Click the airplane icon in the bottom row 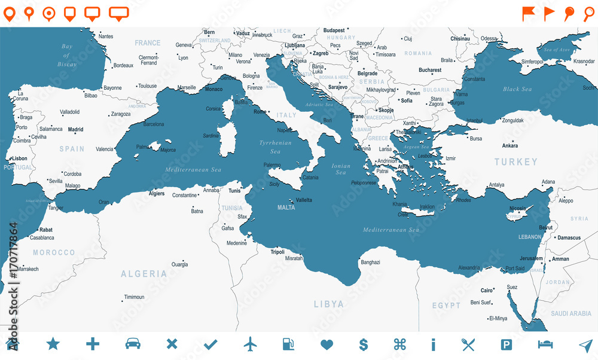pos(250,344)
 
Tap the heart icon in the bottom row pos(326,344)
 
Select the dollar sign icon pos(363,344)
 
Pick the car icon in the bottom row pos(133,344)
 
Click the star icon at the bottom pos(53,344)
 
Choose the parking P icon pos(506,344)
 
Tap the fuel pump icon pos(288,344)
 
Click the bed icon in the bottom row pos(545,344)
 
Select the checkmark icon pos(210,344)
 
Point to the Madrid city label pos(75,129)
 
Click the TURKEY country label pos(515,161)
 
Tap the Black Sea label pos(517,89)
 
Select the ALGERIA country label pos(144,274)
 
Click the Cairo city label pos(487,291)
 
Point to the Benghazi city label pos(371,262)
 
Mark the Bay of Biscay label pos(66,55)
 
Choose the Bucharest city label pos(430,70)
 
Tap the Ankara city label pos(510,145)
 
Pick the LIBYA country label pos(329,304)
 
